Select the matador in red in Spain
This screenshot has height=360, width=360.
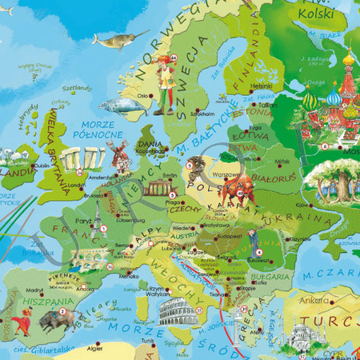click(x=20, y=319)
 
